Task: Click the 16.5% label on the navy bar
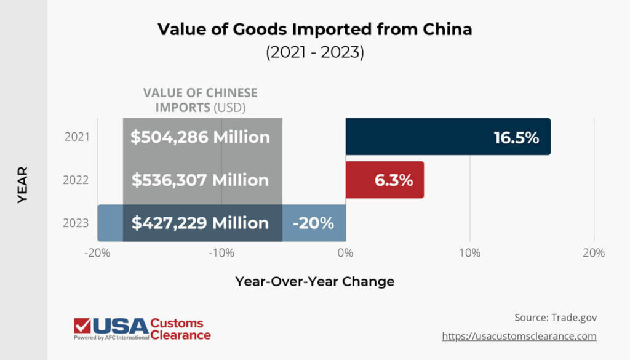516,137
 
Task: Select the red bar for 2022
385,180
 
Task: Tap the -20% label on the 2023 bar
313,223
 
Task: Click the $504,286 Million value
200,137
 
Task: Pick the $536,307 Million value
200,180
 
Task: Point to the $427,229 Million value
200,223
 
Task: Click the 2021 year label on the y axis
77,137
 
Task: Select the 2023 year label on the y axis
77,223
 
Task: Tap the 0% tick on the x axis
345,253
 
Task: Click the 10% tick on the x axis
469,253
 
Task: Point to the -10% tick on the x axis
221,253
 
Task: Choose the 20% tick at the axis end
593,253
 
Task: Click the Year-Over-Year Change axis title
314,282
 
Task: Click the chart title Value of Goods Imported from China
314,30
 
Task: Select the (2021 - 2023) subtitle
314,53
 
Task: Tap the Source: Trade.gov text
556,318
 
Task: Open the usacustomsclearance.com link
519,337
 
